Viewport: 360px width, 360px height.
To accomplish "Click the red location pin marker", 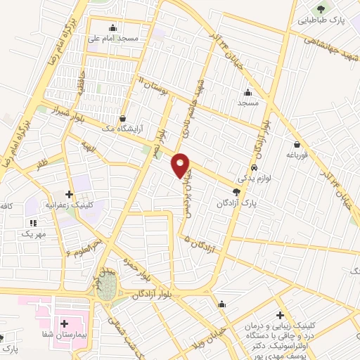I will click(x=181, y=165).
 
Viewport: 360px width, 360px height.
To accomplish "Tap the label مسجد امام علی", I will click(x=112, y=39).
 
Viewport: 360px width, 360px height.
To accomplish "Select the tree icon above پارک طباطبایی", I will click(x=321, y=9).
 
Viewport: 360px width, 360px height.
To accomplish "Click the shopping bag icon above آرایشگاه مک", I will click(x=123, y=120).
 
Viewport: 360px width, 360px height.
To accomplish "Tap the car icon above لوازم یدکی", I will click(x=254, y=169).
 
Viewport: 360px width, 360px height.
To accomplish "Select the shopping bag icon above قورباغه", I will click(x=297, y=143).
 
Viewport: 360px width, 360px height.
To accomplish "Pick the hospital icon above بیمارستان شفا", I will click(x=65, y=324).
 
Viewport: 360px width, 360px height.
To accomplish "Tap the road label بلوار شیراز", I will click(x=88, y=119).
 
